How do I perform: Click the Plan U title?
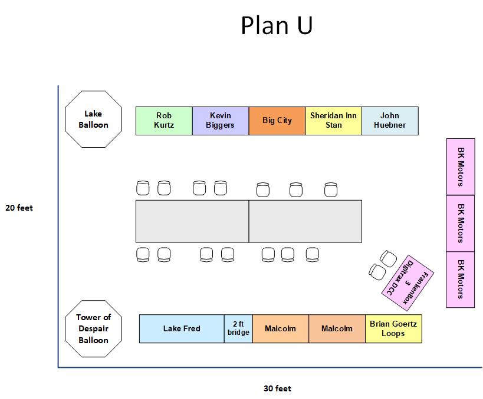pyautogui.click(x=277, y=26)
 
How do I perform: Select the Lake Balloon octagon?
pyautogui.click(x=93, y=119)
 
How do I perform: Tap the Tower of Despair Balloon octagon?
pyautogui.click(x=93, y=328)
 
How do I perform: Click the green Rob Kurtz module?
pyautogui.click(x=164, y=121)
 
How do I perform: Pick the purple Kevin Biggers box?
pyautogui.click(x=220, y=121)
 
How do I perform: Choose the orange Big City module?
pyautogui.click(x=277, y=121)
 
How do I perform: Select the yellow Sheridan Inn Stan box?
pyautogui.click(x=333, y=121)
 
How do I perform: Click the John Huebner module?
pyautogui.click(x=390, y=121)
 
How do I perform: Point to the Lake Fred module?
pyautogui.click(x=182, y=328)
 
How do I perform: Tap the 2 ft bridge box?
pyautogui.click(x=238, y=328)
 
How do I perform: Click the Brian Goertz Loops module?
pyautogui.click(x=393, y=328)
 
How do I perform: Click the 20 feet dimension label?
pyautogui.click(x=19, y=208)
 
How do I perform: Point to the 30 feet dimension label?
pyautogui.click(x=277, y=388)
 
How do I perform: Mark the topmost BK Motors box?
pyautogui.click(x=461, y=167)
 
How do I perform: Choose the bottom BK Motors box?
pyautogui.click(x=461, y=280)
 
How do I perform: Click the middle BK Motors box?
pyautogui.click(x=461, y=223)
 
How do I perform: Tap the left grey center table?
pyautogui.click(x=192, y=221)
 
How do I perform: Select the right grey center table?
pyautogui.click(x=305, y=221)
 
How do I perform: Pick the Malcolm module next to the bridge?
pyautogui.click(x=281, y=328)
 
